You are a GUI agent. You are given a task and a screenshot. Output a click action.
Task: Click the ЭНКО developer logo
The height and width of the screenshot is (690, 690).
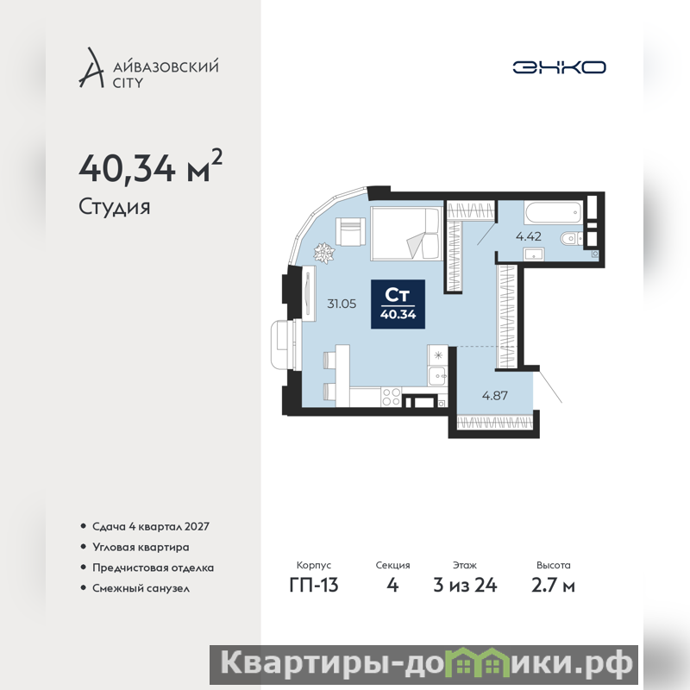click(559, 67)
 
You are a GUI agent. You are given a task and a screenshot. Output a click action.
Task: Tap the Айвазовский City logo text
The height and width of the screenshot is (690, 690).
click(166, 74)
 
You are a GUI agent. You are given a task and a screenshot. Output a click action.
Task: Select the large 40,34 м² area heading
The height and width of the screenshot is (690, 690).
click(150, 167)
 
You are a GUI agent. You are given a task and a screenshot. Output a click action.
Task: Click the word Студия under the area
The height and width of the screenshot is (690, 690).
click(115, 207)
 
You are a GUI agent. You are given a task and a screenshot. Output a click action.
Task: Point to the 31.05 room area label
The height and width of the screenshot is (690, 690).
click(342, 304)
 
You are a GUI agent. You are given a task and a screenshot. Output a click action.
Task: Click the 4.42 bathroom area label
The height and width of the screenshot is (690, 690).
click(529, 236)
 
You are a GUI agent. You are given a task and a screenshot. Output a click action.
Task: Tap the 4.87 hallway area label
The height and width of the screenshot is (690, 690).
click(495, 395)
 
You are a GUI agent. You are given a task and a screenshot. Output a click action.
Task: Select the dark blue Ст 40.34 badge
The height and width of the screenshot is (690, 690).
click(398, 304)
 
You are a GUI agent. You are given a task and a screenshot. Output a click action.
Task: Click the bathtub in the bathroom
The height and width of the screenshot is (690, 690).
click(554, 212)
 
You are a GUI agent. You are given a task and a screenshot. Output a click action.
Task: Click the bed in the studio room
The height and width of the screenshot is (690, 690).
click(406, 234)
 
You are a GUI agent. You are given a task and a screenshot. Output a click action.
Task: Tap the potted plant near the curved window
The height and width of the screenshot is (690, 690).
click(324, 253)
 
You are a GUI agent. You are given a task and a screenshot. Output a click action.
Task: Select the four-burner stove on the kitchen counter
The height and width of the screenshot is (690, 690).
click(392, 397)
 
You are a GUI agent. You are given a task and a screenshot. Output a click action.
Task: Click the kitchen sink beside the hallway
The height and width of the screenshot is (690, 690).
click(438, 376)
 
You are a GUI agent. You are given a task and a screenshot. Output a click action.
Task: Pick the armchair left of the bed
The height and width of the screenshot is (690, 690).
click(351, 231)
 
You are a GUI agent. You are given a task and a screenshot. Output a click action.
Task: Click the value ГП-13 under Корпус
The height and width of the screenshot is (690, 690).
click(314, 585)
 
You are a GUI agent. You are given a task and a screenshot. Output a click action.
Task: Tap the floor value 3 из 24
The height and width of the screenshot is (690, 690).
click(465, 585)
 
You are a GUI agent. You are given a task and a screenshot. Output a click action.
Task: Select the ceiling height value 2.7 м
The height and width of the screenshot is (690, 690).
click(553, 585)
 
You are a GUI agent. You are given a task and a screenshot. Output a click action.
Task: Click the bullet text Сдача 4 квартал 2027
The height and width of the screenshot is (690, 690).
click(150, 526)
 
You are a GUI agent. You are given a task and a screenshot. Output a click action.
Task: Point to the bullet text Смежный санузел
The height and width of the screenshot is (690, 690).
click(141, 588)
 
